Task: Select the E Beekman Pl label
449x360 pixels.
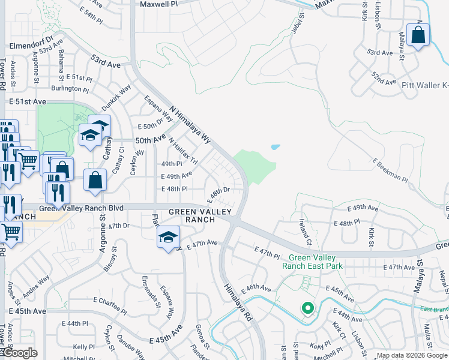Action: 390,170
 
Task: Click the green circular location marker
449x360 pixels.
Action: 308,308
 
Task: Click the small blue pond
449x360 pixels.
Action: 275,146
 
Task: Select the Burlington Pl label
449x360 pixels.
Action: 70,89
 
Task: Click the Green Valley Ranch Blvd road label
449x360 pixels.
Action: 80,208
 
